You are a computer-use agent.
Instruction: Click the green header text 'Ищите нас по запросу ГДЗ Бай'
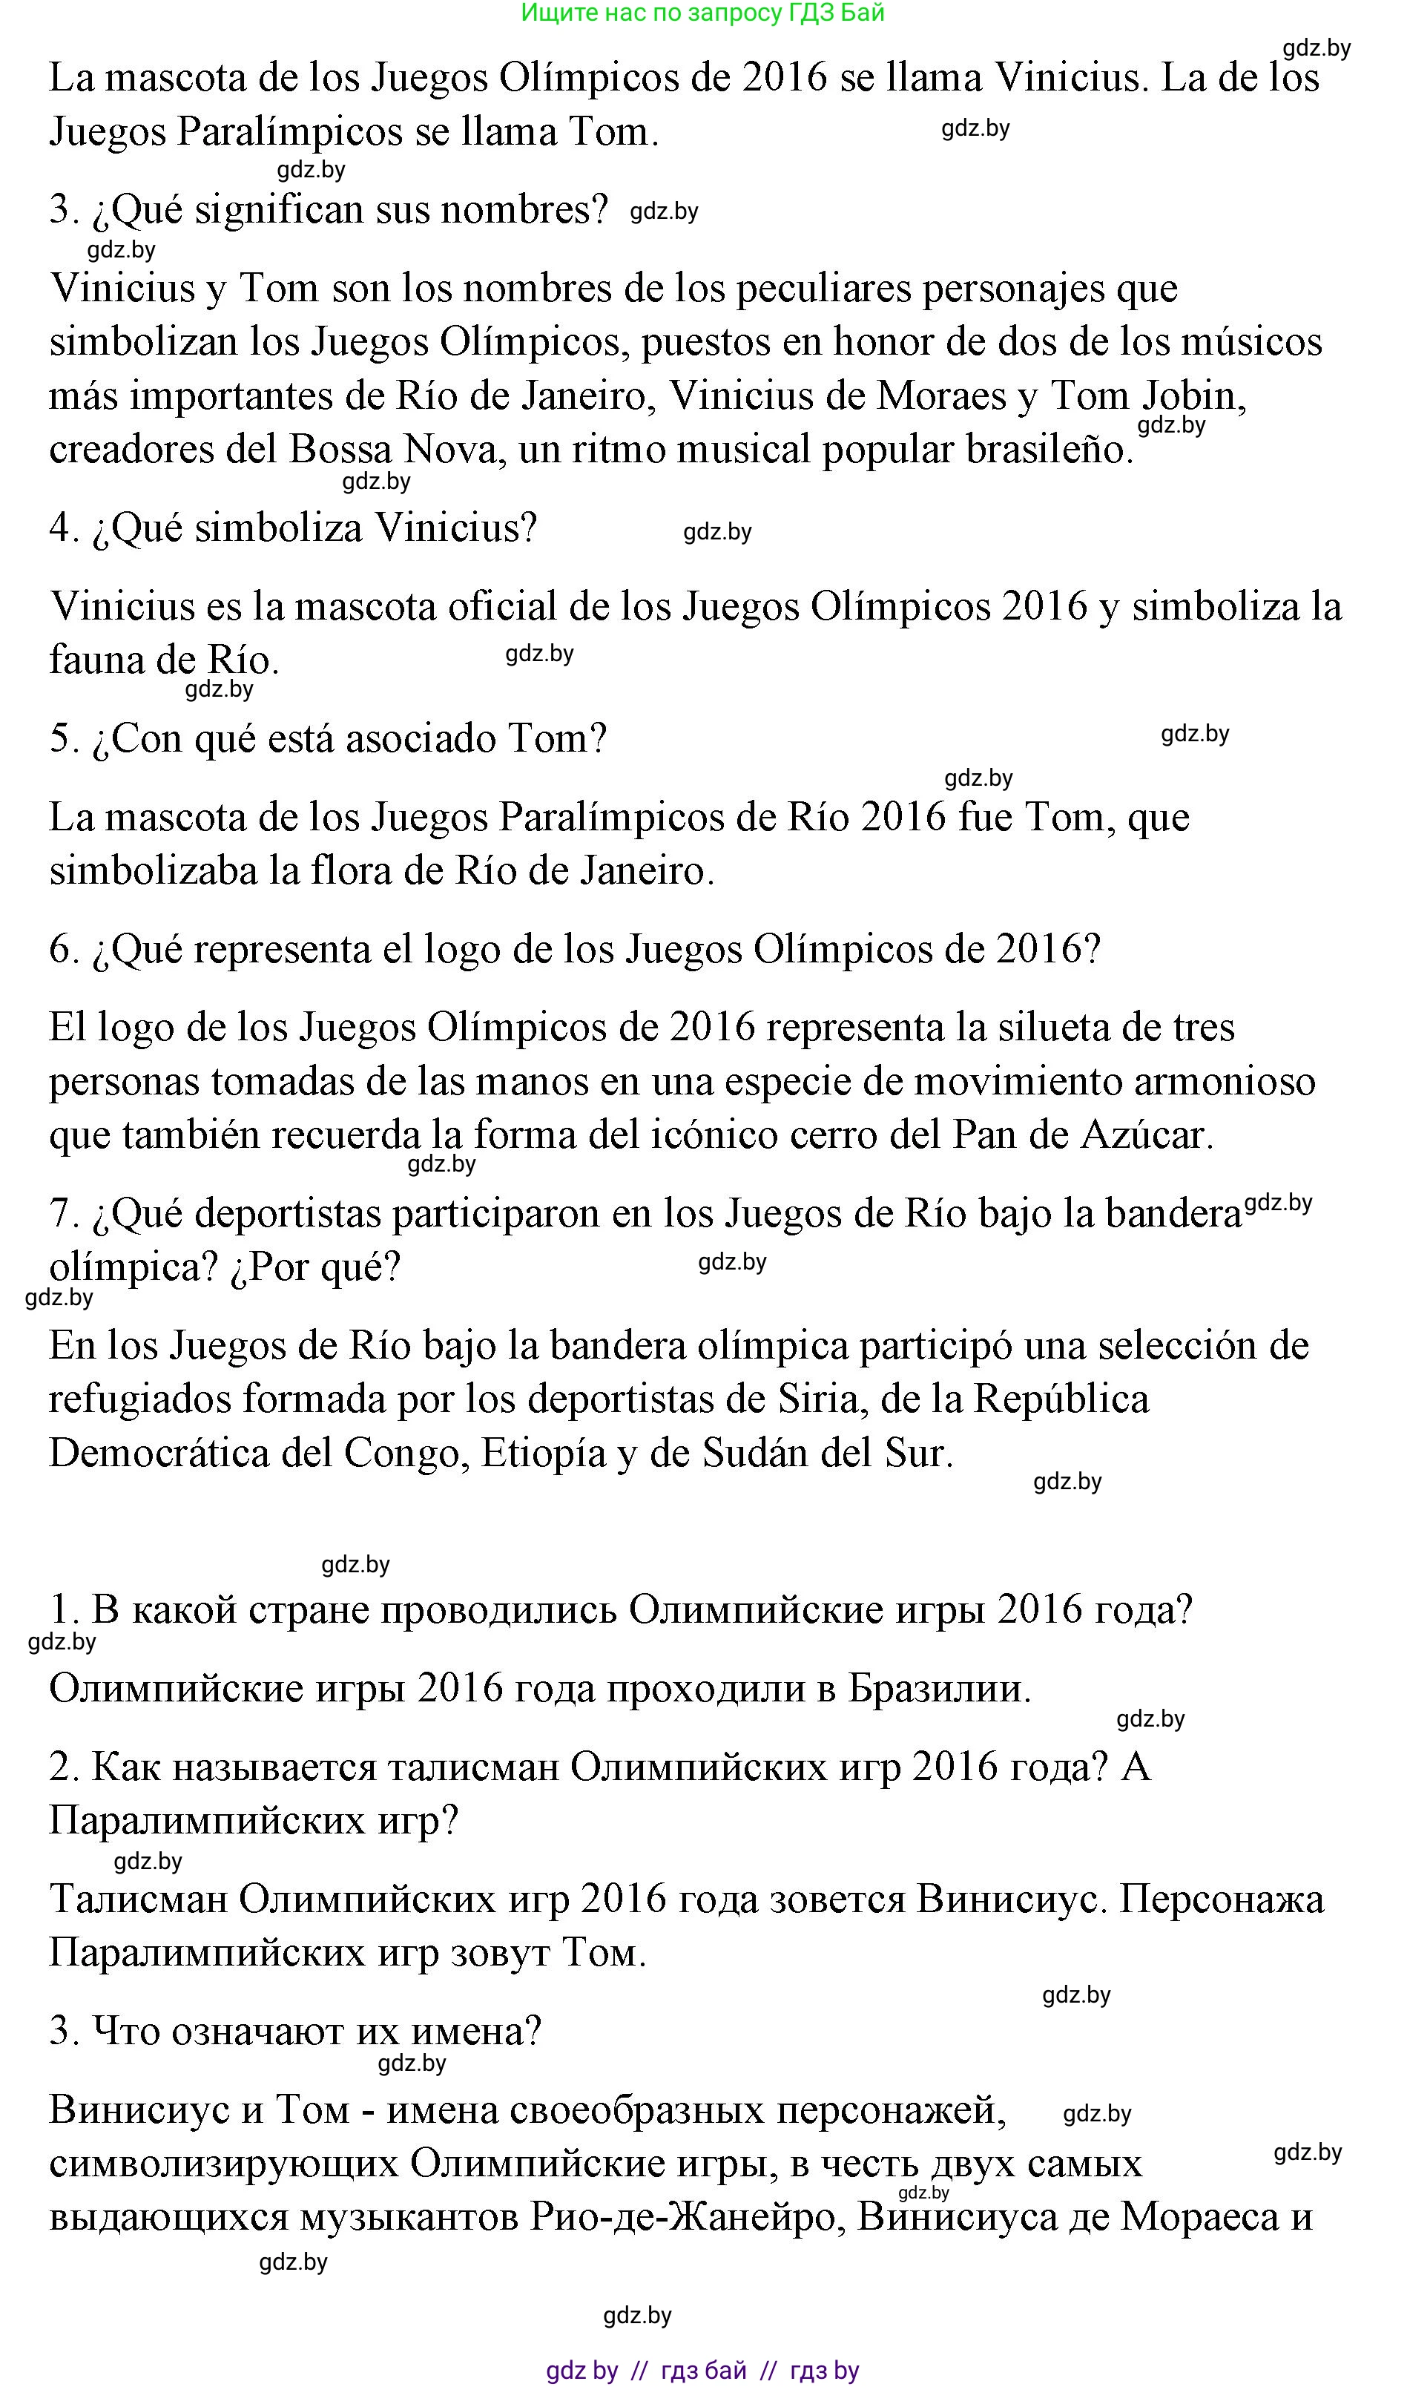pyautogui.click(x=702, y=13)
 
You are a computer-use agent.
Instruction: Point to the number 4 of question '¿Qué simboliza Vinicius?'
pyautogui.click(x=61, y=528)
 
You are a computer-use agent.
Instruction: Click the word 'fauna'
pyautogui.click(x=96, y=660)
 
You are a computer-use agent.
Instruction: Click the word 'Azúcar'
pyautogui.click(x=1145, y=1135)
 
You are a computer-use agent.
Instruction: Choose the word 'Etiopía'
pyautogui.click(x=543, y=1453)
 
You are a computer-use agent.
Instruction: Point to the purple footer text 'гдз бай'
pyautogui.click(x=703, y=2371)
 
